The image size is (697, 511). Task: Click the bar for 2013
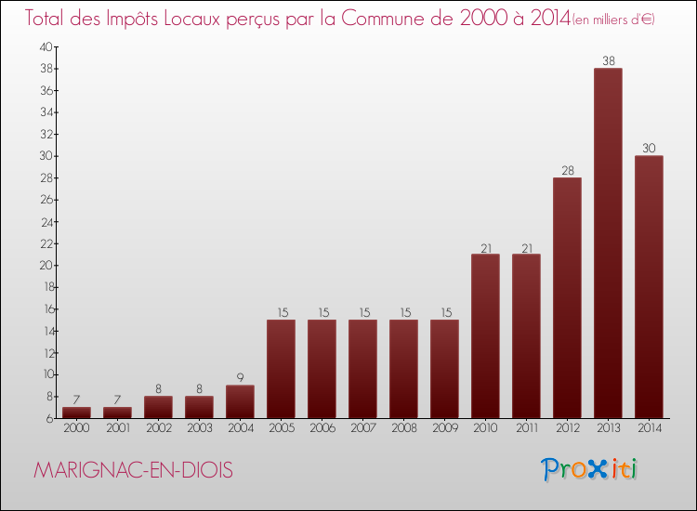point(608,243)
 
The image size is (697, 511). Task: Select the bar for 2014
point(649,287)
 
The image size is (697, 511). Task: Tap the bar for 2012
point(567,298)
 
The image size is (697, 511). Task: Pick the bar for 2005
point(281,369)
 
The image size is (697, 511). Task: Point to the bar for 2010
point(485,336)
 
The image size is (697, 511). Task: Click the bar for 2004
point(240,401)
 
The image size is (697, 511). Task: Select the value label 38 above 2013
point(608,61)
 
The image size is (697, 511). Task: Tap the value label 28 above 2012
point(567,171)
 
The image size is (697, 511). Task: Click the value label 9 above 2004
point(240,378)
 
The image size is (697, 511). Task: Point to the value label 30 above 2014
point(649,149)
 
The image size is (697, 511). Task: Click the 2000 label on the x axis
point(76,428)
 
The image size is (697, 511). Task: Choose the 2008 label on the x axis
point(403,428)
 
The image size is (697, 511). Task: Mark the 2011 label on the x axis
point(526,428)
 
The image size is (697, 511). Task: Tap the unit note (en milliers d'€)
point(613,20)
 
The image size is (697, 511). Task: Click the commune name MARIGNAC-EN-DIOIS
point(133,470)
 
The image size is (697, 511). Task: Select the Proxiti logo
point(590,468)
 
